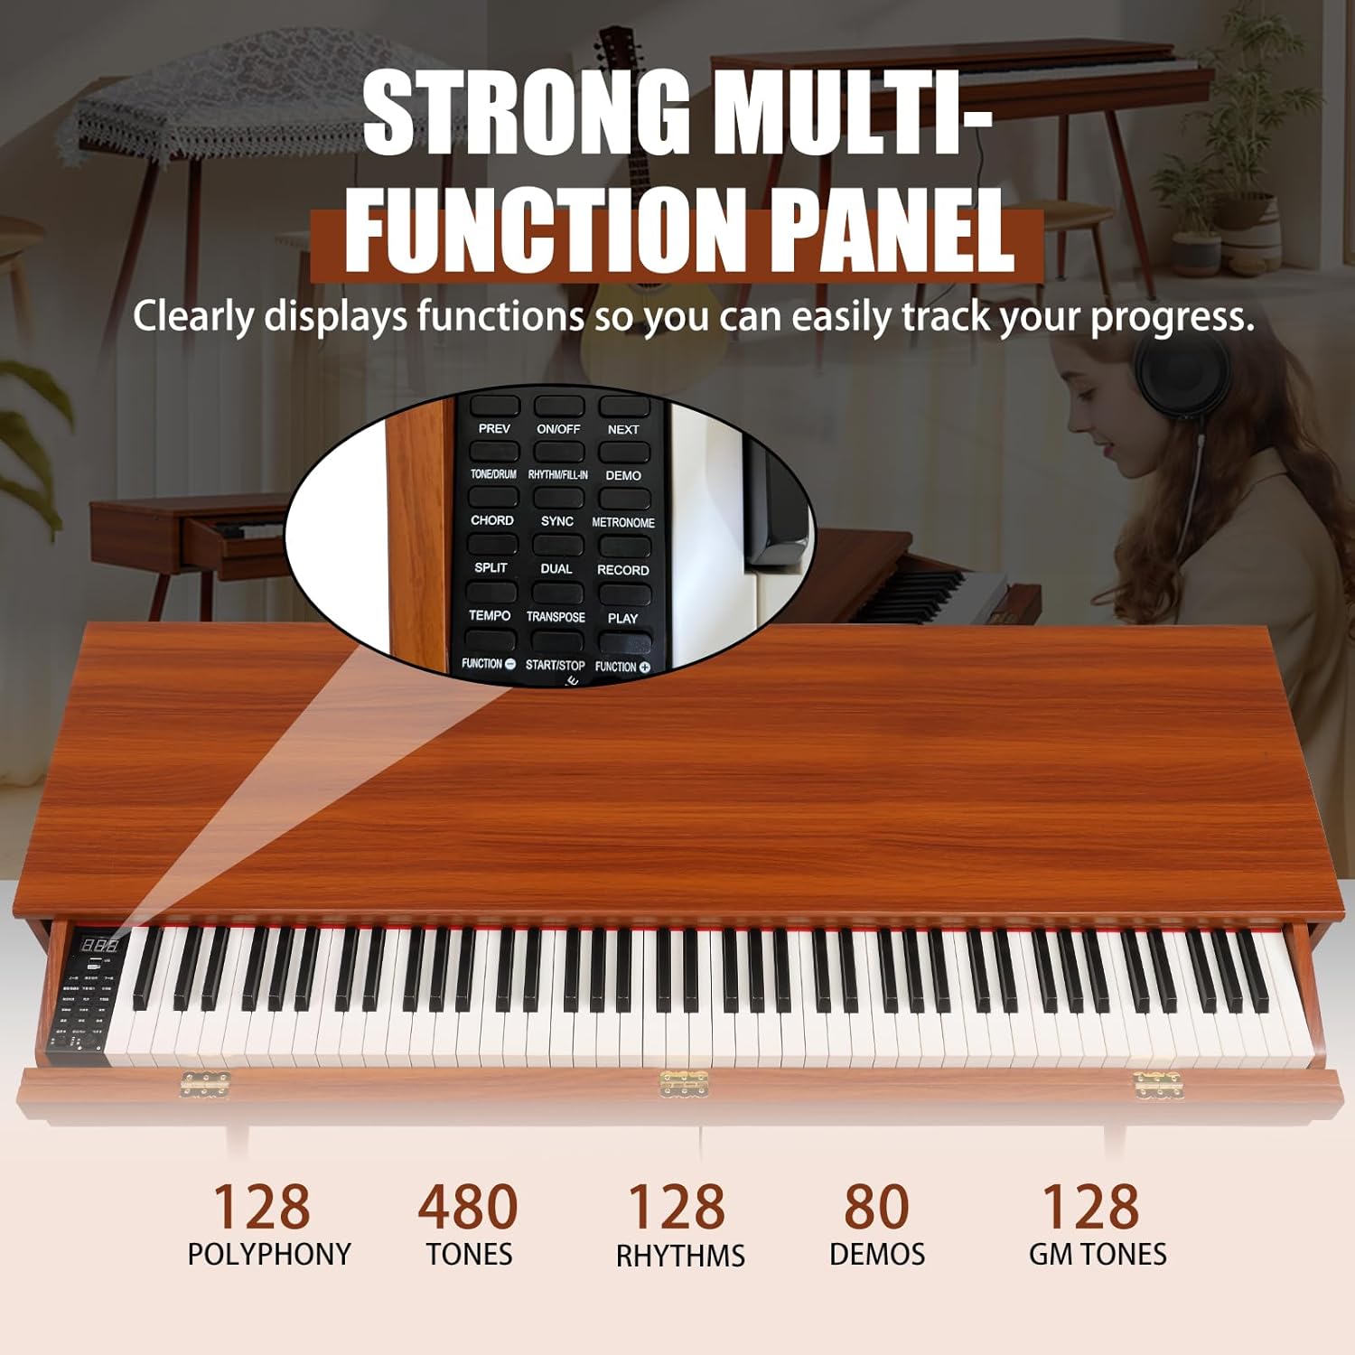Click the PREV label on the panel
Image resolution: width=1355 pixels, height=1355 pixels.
[x=494, y=428]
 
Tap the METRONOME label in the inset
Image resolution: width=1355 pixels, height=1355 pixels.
[x=622, y=522]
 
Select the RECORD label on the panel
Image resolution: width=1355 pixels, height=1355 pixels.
[x=622, y=570]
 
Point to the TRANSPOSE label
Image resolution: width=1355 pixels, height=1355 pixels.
[x=556, y=617]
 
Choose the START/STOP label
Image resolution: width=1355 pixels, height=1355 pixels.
[x=555, y=665]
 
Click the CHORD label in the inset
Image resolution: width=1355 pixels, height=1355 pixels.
[x=491, y=520]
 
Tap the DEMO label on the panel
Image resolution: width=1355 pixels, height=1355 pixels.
[x=622, y=475]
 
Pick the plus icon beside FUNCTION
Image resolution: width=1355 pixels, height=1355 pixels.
[x=645, y=668]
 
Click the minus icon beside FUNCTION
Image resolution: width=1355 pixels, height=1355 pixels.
[x=510, y=664]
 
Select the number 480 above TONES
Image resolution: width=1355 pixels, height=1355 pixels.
[x=468, y=1207]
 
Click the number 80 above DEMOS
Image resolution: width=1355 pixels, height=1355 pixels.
[x=876, y=1207]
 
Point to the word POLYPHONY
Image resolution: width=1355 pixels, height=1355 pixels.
[x=269, y=1255]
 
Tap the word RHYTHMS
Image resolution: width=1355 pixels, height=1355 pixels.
[x=680, y=1256]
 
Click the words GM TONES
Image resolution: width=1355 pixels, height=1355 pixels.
[x=1098, y=1255]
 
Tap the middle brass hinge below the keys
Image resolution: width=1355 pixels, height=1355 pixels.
[x=683, y=1083]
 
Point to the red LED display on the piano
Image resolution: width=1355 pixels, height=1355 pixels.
[x=99, y=946]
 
